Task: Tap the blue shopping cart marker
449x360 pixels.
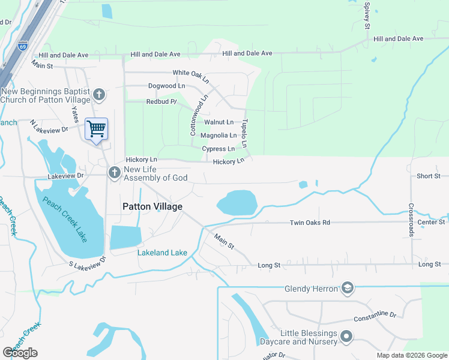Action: tap(96, 128)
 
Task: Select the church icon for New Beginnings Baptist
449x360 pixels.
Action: tap(100, 94)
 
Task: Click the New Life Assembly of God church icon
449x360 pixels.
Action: tap(114, 173)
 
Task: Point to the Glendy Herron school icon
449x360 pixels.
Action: tap(347, 289)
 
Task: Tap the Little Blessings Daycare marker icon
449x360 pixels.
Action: tap(346, 337)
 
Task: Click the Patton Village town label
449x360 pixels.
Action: tap(152, 206)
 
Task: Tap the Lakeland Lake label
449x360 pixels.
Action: tap(162, 253)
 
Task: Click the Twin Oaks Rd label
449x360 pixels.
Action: tap(310, 223)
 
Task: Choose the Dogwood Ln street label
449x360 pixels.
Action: tap(166, 86)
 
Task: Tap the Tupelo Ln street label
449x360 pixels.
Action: tap(244, 133)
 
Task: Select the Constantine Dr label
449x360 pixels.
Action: tap(375, 316)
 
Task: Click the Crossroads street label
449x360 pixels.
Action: tap(411, 220)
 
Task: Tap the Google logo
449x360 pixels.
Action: tap(20, 353)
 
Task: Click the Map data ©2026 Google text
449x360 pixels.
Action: tap(411, 355)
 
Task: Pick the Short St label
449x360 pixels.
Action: tap(429, 176)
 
